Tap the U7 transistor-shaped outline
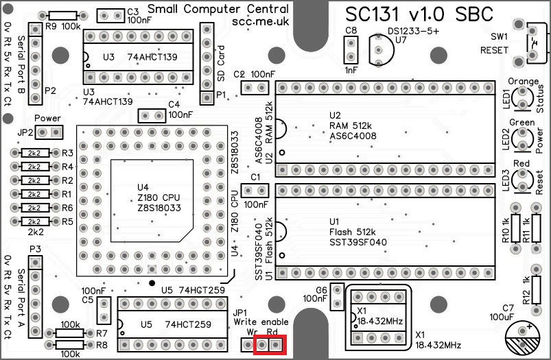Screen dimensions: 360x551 pos(379,49)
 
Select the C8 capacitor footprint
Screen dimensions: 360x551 pos(351,49)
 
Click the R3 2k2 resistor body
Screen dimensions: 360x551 pos(34,153)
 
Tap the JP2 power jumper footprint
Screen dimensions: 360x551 pos(49,132)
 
